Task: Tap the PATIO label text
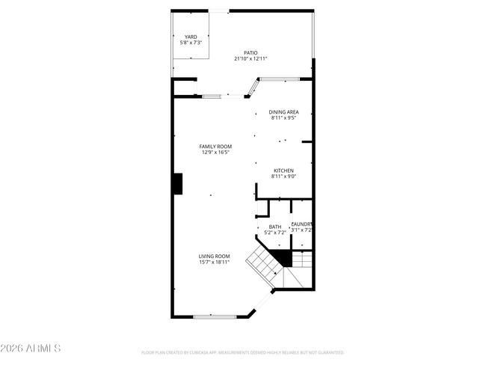coord(250,52)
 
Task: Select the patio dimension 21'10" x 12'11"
coord(250,58)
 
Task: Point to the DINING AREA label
coord(284,112)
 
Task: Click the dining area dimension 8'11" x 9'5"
coord(284,118)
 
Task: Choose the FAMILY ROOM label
coord(215,146)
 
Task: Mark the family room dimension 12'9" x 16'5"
coord(215,152)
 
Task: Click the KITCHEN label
coord(283,171)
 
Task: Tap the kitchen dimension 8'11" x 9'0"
coord(283,177)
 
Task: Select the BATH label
coord(275,227)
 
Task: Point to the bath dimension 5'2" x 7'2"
coord(275,233)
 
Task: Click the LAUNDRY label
coord(301,224)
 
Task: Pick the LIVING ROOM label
coord(214,256)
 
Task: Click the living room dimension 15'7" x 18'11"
coord(214,263)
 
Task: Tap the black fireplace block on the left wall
coord(178,184)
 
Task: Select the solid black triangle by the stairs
coord(282,258)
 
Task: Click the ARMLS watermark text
coord(31,349)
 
